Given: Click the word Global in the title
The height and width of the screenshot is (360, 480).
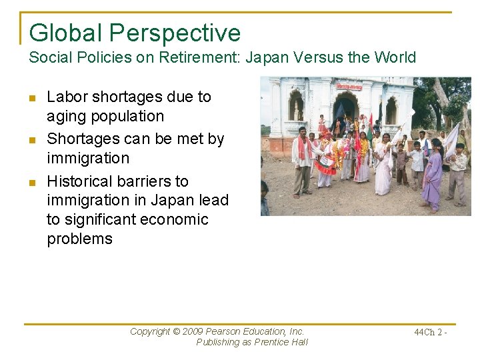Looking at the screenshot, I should click(65, 32).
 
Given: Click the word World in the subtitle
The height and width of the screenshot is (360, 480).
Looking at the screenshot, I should click(394, 57).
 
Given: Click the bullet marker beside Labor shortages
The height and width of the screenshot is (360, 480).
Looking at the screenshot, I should click(33, 98).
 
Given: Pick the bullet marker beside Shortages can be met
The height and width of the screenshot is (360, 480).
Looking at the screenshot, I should click(33, 140).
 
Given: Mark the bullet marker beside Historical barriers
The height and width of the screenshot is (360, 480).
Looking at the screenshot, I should click(33, 182).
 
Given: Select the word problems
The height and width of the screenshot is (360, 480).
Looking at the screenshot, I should click(79, 239).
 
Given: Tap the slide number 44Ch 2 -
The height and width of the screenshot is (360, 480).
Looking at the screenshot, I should click(430, 332).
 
